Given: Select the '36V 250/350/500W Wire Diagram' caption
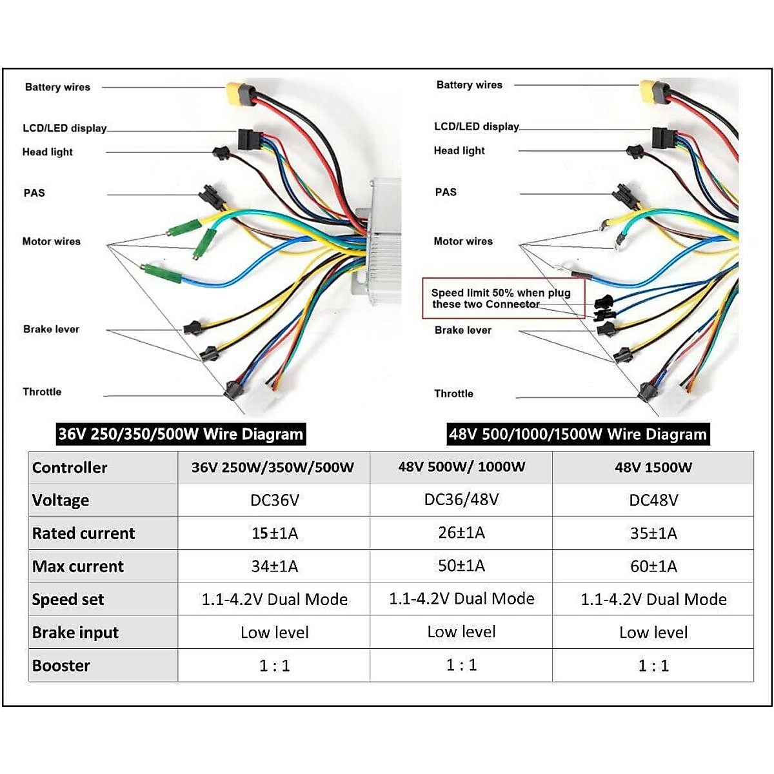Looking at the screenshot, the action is (181, 433).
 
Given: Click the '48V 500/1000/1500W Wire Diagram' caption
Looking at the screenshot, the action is (578, 433).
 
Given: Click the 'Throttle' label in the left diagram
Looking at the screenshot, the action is (43, 392).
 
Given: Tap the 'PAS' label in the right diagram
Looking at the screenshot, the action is (446, 192).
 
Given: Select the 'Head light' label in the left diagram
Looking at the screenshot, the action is (48, 152).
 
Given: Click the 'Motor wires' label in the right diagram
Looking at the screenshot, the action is (463, 241).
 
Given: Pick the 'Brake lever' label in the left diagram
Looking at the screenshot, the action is (52, 329).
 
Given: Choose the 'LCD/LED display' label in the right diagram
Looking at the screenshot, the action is (477, 126).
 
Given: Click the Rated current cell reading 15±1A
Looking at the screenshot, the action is (275, 533).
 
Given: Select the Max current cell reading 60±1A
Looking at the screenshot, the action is (653, 566).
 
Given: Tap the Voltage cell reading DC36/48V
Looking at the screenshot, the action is (461, 500).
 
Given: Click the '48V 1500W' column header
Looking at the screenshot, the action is (653, 468).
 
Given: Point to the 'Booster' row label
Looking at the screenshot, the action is (61, 666).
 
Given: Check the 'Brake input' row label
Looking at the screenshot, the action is (75, 633).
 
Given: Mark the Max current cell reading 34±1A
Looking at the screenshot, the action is (275, 566).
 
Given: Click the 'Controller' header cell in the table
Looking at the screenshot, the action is (70, 468).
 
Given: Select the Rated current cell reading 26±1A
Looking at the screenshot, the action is (461, 533).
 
